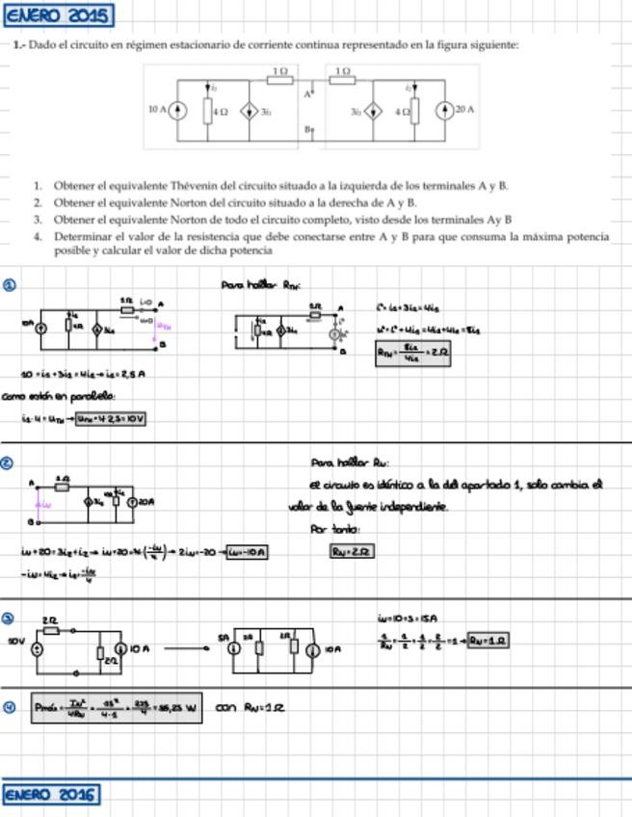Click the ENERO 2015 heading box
[x=58, y=16]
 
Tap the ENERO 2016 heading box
[x=51, y=795]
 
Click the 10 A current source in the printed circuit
[x=176, y=111]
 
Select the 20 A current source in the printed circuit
[x=443, y=111]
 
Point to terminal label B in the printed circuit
[x=307, y=129]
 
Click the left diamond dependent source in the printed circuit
[x=248, y=111]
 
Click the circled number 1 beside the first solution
[x=9, y=285]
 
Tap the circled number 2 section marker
[x=9, y=462]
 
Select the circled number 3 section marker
[x=9, y=618]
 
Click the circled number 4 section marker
[x=9, y=708]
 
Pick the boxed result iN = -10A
[x=244, y=552]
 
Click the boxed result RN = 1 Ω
[x=488, y=641]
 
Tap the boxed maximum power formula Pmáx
[x=117, y=709]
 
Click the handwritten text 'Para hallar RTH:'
[x=261, y=285]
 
